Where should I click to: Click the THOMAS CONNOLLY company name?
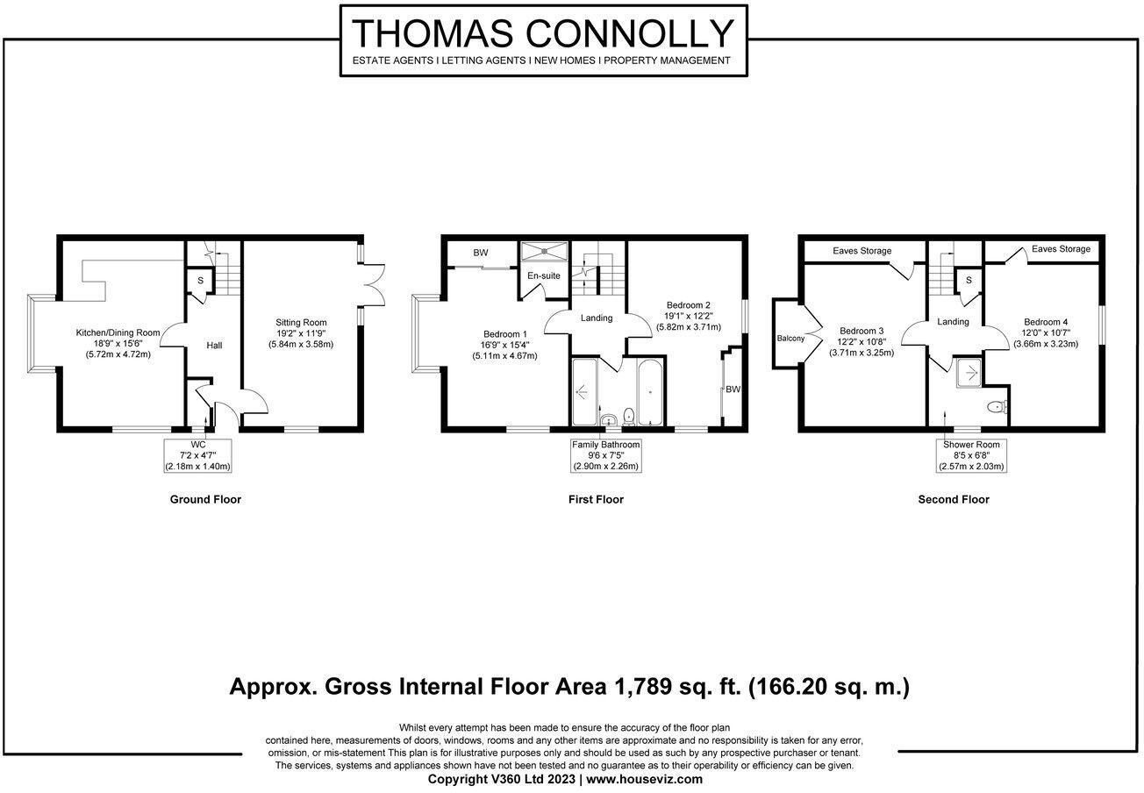(x=543, y=33)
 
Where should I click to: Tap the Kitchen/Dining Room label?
(x=118, y=333)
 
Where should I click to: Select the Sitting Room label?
(x=301, y=323)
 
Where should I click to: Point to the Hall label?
(x=214, y=346)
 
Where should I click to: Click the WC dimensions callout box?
(x=197, y=455)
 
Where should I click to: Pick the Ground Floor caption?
(x=205, y=499)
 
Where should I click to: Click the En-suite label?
(x=544, y=275)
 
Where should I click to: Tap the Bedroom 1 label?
(x=505, y=334)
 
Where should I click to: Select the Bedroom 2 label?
(x=689, y=305)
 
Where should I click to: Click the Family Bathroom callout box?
(x=605, y=455)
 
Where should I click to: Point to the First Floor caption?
(x=596, y=499)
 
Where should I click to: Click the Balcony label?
(x=790, y=339)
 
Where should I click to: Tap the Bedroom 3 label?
(x=862, y=331)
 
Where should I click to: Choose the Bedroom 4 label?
(x=1046, y=322)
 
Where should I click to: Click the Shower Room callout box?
(x=971, y=455)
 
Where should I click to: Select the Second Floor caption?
(x=954, y=499)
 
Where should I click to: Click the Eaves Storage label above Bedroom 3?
(x=862, y=251)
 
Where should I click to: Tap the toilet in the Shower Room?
(x=997, y=407)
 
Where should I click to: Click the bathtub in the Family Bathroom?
(x=650, y=392)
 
